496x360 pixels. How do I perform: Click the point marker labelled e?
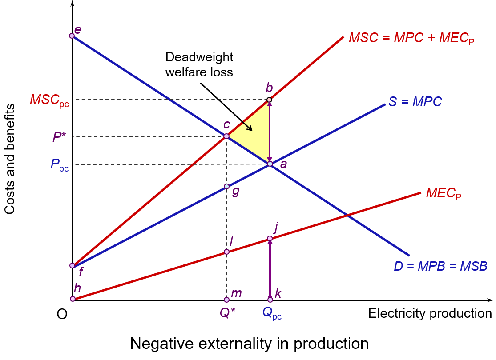72,36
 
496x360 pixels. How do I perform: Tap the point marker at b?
269,100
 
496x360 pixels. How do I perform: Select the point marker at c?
226,136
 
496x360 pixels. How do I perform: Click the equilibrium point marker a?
270,164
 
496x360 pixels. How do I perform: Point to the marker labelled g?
226,187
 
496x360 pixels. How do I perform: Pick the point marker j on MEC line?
270,238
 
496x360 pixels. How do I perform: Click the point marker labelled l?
226,252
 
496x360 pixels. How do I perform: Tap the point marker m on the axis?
226,300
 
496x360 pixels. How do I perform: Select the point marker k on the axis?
270,300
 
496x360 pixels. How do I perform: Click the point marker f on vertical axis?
72,265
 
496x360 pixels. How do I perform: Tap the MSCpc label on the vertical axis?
49,100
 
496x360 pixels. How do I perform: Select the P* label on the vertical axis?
59,137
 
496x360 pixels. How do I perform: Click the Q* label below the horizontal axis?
227,313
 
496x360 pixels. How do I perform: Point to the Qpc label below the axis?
272,313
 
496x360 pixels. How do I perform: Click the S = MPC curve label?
415,101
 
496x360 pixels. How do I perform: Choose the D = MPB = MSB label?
440,266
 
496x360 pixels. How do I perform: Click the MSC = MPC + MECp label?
411,38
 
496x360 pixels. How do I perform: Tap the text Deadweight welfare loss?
199,64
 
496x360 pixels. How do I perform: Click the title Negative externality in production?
249,343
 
